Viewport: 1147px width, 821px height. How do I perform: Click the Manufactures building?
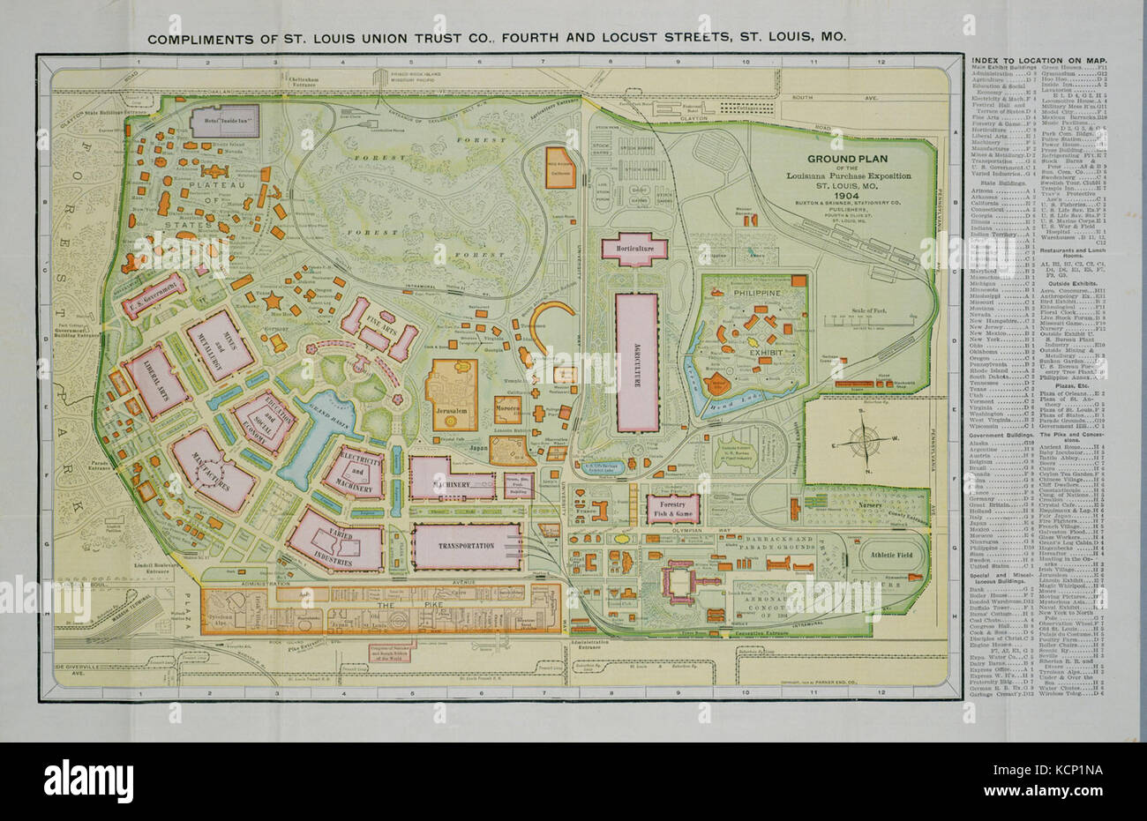tap(213, 471)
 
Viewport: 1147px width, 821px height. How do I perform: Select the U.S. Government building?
tap(154, 298)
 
